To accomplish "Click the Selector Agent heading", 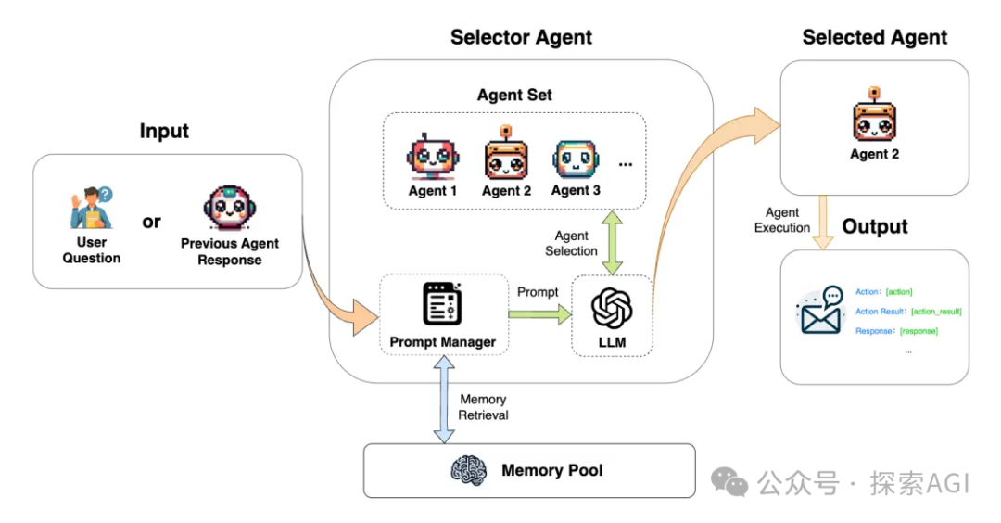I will [521, 38].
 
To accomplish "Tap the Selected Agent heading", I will [874, 38].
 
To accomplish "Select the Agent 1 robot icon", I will [433, 158].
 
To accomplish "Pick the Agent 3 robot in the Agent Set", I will [576, 159].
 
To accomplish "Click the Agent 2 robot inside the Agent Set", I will [506, 155].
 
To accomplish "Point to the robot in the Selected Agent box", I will [874, 118].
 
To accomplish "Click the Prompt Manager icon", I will [442, 304].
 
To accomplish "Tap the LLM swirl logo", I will [612, 308].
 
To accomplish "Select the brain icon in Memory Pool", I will [469, 470].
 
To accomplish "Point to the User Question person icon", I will [92, 209].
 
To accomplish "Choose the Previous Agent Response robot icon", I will [229, 209].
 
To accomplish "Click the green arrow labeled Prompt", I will [539, 315].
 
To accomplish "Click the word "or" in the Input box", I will [151, 222].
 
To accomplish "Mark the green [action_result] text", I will [936, 312].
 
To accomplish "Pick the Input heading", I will [164, 131].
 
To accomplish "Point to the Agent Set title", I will [514, 95].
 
